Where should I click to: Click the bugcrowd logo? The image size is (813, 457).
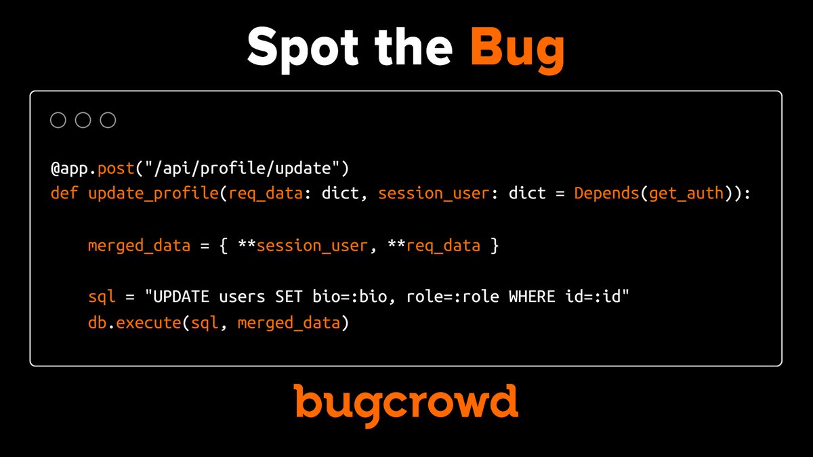click(x=406, y=402)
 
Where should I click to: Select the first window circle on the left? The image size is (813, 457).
click(x=58, y=121)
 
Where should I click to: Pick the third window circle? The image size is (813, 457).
click(x=108, y=121)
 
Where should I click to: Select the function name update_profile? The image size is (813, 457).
click(x=151, y=193)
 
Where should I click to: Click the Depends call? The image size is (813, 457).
click(x=606, y=193)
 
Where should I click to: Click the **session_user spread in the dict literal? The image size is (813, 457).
click(x=304, y=245)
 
